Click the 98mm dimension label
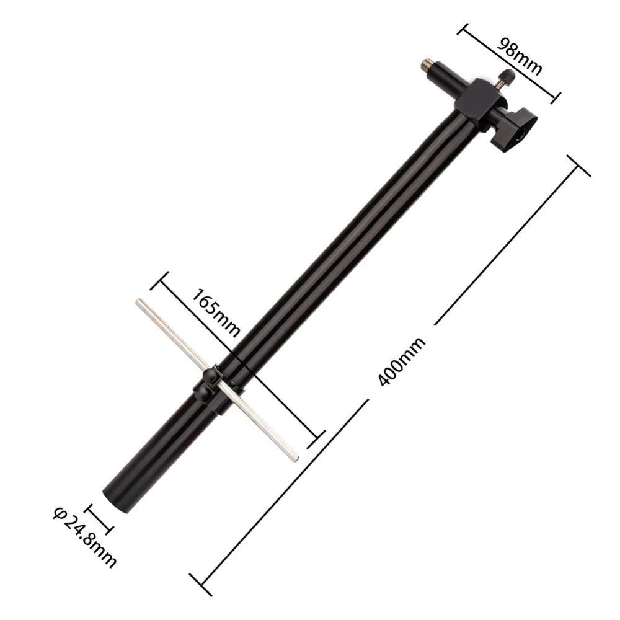(x=519, y=56)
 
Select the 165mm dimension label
(x=216, y=312)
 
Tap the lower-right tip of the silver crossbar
(x=295, y=458)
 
